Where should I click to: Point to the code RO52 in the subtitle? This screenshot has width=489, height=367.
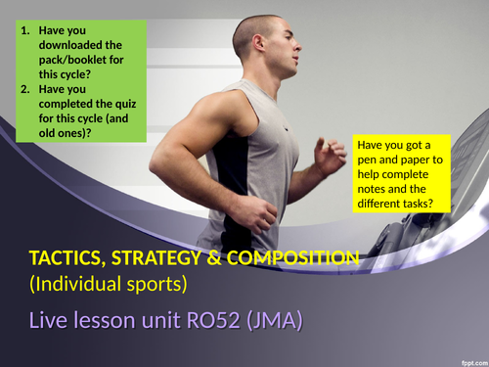point(224,321)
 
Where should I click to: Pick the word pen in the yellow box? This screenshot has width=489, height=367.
point(374,161)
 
